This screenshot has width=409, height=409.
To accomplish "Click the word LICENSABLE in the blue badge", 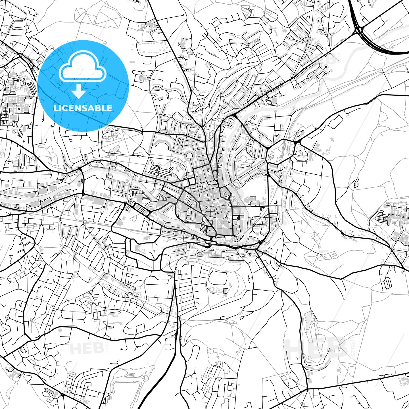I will (83, 108).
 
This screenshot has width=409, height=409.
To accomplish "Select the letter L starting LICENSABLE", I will (56, 108).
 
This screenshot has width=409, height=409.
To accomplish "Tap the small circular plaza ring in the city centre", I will (189, 156).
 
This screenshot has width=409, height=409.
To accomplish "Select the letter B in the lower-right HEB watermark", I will (337, 348).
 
